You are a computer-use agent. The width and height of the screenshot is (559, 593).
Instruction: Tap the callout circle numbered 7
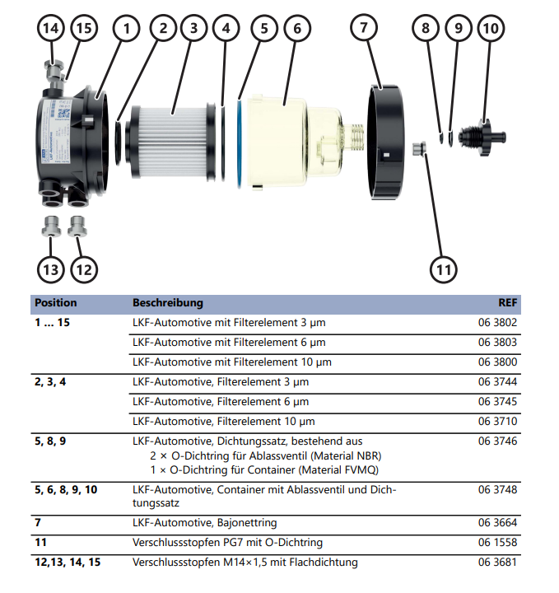362,27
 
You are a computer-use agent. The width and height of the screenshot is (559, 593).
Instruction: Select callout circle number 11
443,268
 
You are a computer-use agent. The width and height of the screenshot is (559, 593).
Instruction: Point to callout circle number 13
50,268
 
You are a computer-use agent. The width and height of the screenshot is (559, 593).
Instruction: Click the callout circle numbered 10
491,27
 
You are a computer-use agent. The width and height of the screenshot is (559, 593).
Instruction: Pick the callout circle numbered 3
193,27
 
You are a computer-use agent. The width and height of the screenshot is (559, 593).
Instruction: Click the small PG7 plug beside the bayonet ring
417,149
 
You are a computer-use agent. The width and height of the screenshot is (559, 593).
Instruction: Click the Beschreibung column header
167,302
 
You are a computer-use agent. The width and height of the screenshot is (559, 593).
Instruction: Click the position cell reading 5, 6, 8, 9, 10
66,489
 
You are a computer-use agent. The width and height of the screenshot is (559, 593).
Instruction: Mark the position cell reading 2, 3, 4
50,382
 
